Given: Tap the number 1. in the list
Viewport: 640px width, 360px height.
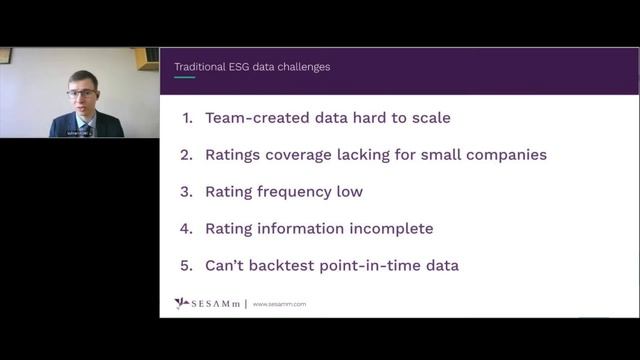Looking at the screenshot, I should coord(187,118).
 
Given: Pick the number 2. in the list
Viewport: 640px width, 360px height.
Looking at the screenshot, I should coord(187,155).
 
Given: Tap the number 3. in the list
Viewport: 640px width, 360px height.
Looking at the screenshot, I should coord(187,192).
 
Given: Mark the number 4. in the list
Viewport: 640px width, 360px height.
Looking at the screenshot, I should coord(187,229).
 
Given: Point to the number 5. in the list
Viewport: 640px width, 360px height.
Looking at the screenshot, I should coord(187,266).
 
